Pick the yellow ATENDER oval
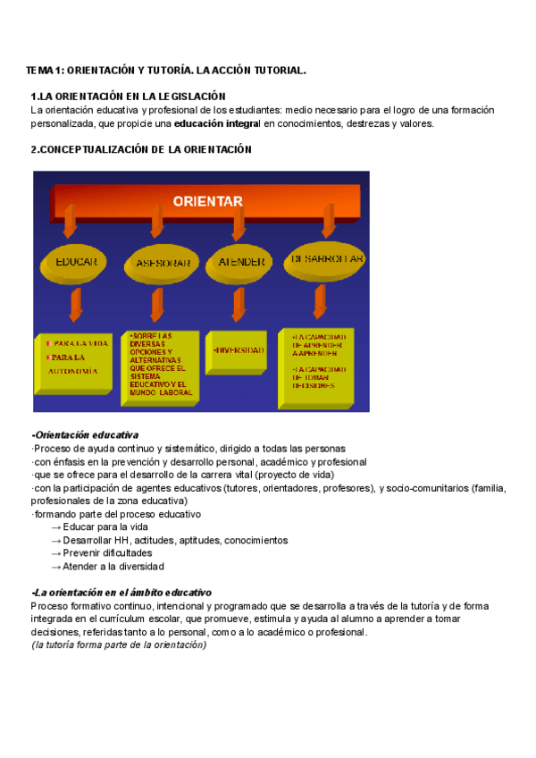(x=240, y=263)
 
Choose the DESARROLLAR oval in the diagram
(x=326, y=260)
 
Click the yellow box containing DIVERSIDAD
(x=239, y=350)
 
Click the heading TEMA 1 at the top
(x=166, y=69)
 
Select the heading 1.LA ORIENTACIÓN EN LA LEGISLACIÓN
(x=128, y=97)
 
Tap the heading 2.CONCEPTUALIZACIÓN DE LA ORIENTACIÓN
(x=141, y=150)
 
